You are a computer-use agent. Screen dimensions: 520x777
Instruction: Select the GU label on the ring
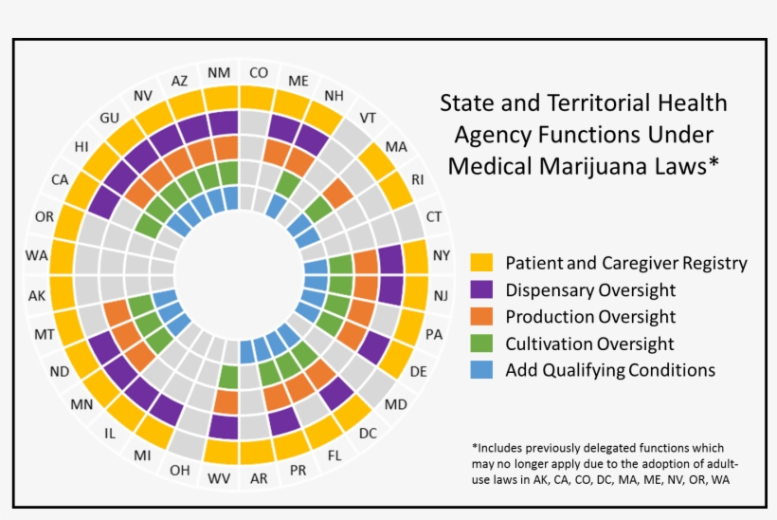[x=108, y=119]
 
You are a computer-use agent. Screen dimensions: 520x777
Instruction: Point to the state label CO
[x=258, y=72]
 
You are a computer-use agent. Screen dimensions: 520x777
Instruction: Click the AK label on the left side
[x=37, y=296]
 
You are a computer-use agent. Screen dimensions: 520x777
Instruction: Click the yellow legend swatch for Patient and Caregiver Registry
[x=483, y=263]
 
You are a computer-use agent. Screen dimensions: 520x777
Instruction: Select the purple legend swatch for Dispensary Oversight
[x=483, y=289]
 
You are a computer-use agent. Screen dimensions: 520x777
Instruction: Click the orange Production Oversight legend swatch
[x=483, y=316]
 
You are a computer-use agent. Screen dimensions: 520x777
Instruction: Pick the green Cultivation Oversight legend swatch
[x=483, y=343]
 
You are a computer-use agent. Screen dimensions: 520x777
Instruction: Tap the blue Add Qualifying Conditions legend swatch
[x=483, y=369]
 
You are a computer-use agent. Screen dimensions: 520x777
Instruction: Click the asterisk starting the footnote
[x=475, y=447]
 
